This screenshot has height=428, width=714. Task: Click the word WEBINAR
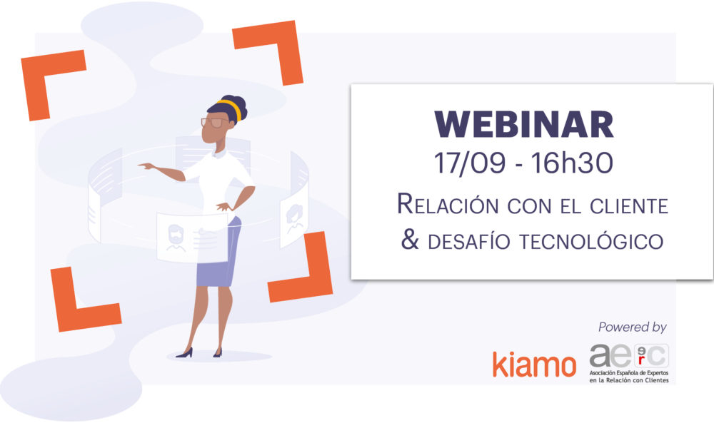[523, 123]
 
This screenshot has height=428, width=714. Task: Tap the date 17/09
[470, 163]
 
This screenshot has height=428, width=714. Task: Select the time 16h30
[572, 163]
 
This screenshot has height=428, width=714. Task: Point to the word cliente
[629, 206]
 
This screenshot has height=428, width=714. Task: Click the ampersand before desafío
[410, 239]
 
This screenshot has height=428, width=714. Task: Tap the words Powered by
[633, 327]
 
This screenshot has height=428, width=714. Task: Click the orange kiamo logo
[534, 364]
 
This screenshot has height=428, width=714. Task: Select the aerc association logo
[629, 363]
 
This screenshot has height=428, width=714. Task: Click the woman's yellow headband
[231, 108]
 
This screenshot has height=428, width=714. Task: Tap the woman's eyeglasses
[213, 123]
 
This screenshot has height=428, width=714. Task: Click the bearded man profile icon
[176, 238]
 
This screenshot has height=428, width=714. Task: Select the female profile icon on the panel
[295, 217]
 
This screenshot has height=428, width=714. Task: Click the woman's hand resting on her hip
[224, 207]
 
